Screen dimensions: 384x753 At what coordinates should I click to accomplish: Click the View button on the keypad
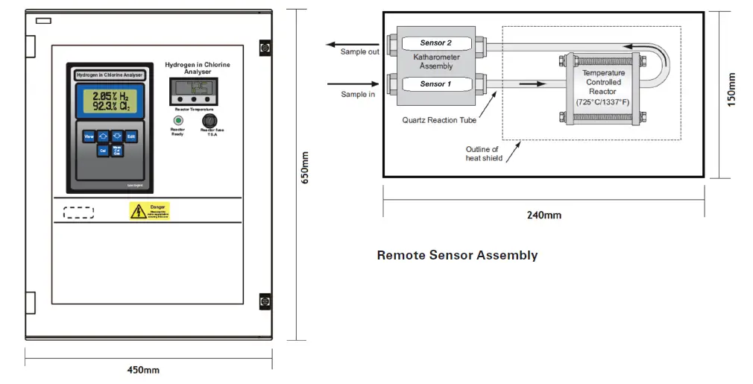[x=88, y=136]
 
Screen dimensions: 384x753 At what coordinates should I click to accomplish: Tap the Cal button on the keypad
[x=103, y=151]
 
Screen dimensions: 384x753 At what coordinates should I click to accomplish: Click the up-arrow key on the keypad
[x=102, y=136]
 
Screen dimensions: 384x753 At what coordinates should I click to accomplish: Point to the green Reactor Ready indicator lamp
[x=178, y=120]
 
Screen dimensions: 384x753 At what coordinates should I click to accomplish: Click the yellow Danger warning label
[x=150, y=211]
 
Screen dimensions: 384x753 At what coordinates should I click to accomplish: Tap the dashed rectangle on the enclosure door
[x=78, y=213]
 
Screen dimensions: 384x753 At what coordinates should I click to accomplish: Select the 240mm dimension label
[x=544, y=215]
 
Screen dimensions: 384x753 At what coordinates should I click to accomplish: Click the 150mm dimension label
[x=731, y=89]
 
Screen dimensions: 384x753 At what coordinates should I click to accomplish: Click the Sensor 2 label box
[x=436, y=43]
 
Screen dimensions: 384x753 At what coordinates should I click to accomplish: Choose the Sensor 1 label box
[x=436, y=84]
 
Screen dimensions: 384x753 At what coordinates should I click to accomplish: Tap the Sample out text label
[x=360, y=52]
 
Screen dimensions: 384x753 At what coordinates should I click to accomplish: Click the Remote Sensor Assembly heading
[x=457, y=255]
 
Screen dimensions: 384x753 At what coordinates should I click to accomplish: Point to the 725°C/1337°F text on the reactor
[x=604, y=101]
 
